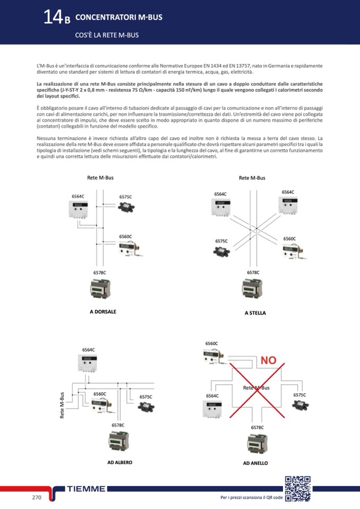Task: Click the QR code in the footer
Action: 297,488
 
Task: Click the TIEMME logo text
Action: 86,489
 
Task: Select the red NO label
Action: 268,360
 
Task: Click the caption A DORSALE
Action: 103,312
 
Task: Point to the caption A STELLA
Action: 255,313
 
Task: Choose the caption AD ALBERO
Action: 119,462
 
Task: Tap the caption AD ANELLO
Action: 255,463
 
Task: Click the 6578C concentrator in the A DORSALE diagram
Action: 100,289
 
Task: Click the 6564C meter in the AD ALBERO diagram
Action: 89,364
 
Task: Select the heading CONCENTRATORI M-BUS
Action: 119,18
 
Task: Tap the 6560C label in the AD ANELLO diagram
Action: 211,344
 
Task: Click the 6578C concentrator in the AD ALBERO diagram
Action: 118,442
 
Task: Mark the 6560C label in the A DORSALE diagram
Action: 125,236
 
